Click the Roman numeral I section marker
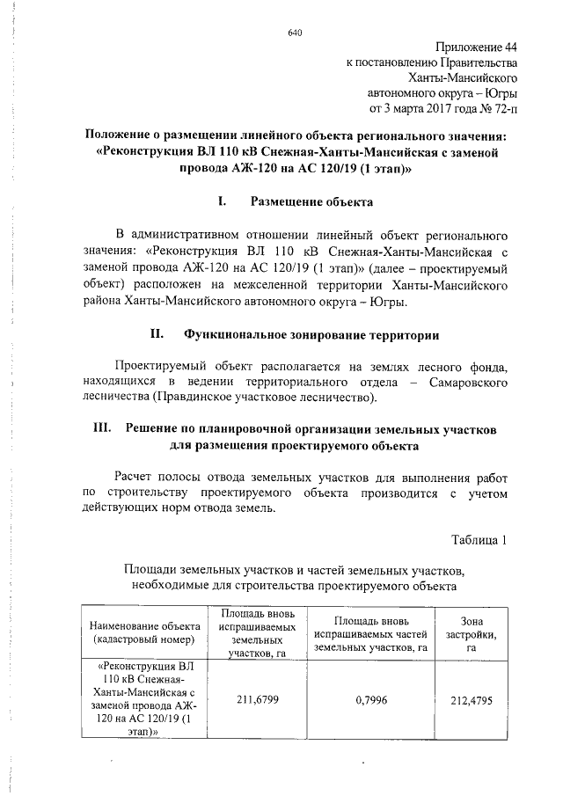223,201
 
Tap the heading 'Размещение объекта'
312,201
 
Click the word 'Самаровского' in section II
469,383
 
